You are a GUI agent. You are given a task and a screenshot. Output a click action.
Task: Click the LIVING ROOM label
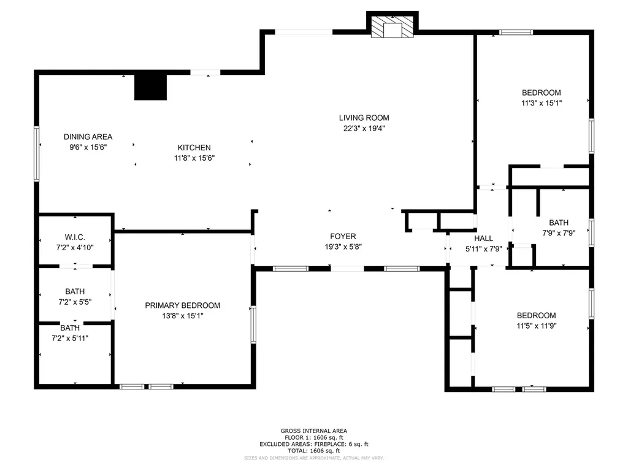click(x=364, y=118)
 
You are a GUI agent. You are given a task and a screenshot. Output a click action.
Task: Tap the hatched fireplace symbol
click(x=392, y=27)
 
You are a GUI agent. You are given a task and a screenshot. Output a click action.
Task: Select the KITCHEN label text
click(x=194, y=148)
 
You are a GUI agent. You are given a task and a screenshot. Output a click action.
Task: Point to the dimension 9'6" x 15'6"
click(x=88, y=147)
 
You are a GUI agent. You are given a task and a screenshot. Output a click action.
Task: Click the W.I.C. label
click(x=75, y=237)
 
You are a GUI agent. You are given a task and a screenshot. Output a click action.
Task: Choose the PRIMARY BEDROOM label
click(x=183, y=305)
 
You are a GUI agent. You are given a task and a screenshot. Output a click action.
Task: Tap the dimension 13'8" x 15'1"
click(x=183, y=316)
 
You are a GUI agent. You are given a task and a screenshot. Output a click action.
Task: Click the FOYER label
click(x=343, y=236)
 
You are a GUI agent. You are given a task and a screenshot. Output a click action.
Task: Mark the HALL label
click(x=484, y=239)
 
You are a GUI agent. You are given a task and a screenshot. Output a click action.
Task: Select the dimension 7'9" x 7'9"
click(x=559, y=232)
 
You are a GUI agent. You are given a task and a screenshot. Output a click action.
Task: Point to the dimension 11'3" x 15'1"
click(x=542, y=103)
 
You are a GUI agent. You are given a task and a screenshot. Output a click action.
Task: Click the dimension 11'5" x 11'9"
click(x=536, y=326)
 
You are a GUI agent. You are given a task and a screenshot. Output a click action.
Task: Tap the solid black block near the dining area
click(x=150, y=87)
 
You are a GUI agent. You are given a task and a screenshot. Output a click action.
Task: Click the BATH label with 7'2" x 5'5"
click(x=75, y=291)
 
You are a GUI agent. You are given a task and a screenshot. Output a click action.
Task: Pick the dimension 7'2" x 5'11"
click(x=70, y=339)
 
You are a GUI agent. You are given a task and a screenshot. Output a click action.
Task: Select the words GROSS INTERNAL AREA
click(x=314, y=431)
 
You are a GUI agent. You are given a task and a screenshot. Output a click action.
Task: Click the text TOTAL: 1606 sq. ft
click(x=314, y=451)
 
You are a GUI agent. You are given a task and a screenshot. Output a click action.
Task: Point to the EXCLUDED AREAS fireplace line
click(x=314, y=444)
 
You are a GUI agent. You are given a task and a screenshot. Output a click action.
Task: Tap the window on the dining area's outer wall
click(x=36, y=154)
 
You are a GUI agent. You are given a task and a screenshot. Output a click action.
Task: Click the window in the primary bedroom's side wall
click(x=253, y=324)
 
